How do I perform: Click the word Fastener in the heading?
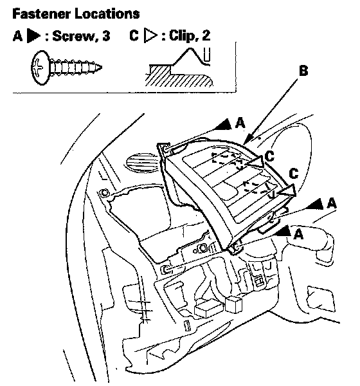coord(41,14)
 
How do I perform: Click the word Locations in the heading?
coord(107,14)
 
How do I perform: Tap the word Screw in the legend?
coord(73,36)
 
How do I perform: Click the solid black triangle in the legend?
coord(33,36)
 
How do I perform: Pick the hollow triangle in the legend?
coord(150,36)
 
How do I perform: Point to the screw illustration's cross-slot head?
coord(40,68)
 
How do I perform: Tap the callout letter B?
coord(303,71)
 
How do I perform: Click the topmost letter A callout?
coord(240,123)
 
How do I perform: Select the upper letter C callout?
coord(270,156)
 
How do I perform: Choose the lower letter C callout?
coord(294,174)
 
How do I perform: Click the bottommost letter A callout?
coord(298,234)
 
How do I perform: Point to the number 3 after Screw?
coord(106,36)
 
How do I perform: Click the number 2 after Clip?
coord(206,35)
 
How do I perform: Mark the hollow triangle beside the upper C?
coord(255,161)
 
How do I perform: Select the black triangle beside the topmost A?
coord(224,125)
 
